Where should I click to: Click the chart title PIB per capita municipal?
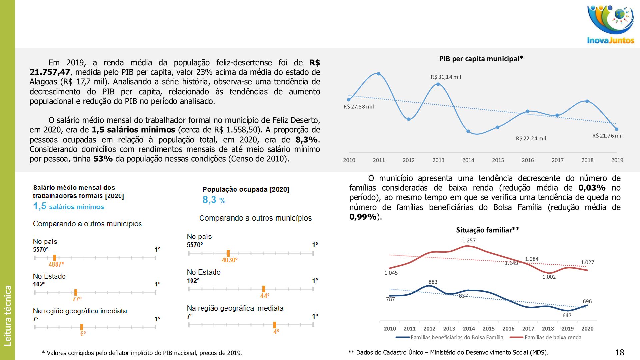tap(481, 59)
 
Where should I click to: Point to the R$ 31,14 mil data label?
tap(446, 77)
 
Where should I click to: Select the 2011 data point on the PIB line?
tap(378, 74)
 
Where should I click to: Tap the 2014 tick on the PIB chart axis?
tap(468, 160)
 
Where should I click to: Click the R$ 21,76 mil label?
tap(607, 136)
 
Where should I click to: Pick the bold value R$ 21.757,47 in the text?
tap(50, 72)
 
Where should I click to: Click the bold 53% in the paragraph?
tap(103, 159)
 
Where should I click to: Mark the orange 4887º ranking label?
tap(56, 264)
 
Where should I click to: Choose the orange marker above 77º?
tap(76, 292)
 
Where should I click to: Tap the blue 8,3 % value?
tap(214, 200)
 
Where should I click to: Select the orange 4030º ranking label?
tap(229, 260)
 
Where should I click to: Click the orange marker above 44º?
tap(264, 289)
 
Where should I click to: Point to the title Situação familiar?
tap(487, 230)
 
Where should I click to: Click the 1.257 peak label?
tap(469, 241)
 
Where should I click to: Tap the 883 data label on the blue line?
tap(433, 282)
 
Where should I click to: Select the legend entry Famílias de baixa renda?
tap(553, 337)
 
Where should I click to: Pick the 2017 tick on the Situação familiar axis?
tap(528, 329)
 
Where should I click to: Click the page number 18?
tap(620, 353)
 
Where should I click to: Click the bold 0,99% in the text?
tap(363, 217)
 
